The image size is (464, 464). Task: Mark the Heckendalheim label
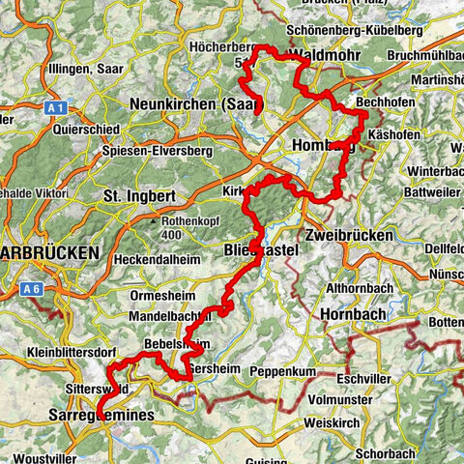point(160,260)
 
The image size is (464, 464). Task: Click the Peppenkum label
point(284,371)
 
